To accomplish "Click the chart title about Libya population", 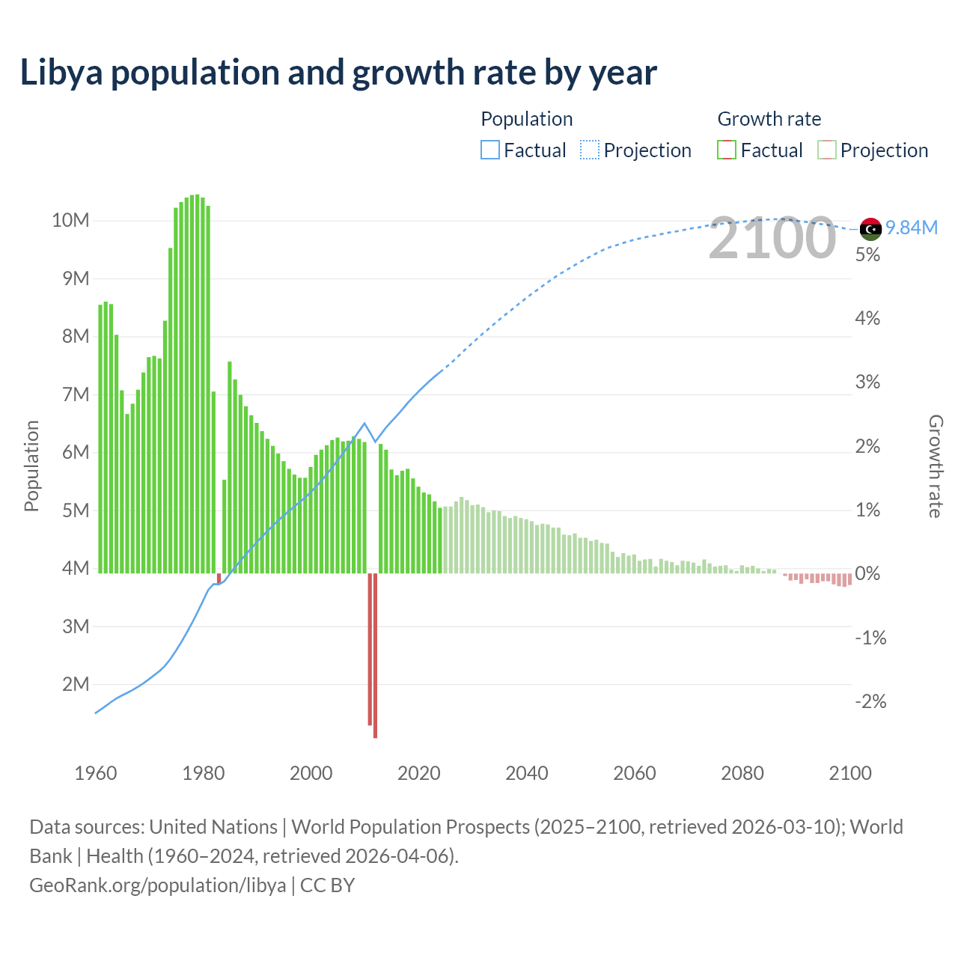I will pyautogui.click(x=338, y=73).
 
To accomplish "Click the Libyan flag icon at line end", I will pyautogui.click(x=870, y=228).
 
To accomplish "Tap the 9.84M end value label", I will pyautogui.click(x=912, y=228).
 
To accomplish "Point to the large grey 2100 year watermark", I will pyautogui.click(x=772, y=238).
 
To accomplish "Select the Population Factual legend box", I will pyautogui.click(x=490, y=150).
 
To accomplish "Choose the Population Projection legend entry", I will pyautogui.click(x=636, y=150).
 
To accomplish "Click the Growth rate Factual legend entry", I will pyautogui.click(x=760, y=150).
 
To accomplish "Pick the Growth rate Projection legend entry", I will pyautogui.click(x=873, y=150).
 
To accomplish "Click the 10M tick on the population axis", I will pyautogui.click(x=70, y=220).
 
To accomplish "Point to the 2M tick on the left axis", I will pyautogui.click(x=76, y=684).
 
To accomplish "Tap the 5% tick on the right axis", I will pyautogui.click(x=867, y=254).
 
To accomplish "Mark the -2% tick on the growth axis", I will pyautogui.click(x=870, y=701).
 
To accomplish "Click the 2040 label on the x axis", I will pyautogui.click(x=526, y=773).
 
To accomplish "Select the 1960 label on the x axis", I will pyautogui.click(x=96, y=773).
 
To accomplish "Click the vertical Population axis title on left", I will pyautogui.click(x=31, y=466).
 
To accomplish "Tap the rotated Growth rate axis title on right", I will pyautogui.click(x=935, y=466).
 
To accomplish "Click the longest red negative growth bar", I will pyautogui.click(x=375, y=656).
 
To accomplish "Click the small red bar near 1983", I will pyautogui.click(x=219, y=579).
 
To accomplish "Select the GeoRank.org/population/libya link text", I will pyautogui.click(x=157, y=885).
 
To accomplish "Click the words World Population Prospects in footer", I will pyautogui.click(x=410, y=827).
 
